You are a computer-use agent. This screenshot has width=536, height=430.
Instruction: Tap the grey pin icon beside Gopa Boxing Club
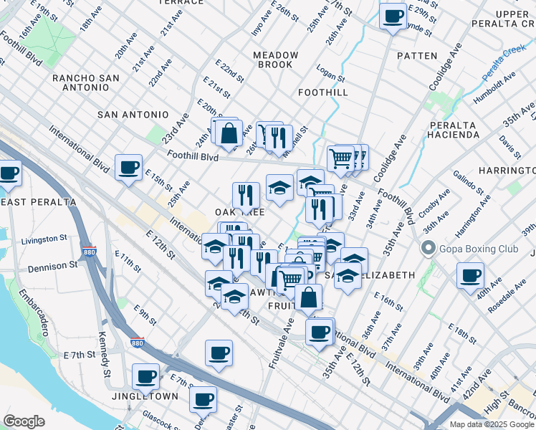[429, 249]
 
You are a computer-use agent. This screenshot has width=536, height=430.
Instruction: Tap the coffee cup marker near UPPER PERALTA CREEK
[392, 16]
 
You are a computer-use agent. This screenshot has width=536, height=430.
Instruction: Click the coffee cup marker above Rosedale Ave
[470, 276]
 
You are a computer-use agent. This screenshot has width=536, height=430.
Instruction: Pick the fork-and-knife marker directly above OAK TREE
[245, 195]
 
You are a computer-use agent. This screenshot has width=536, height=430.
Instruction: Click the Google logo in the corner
[24, 421]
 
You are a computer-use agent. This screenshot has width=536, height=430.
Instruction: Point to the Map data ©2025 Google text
[492, 424]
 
